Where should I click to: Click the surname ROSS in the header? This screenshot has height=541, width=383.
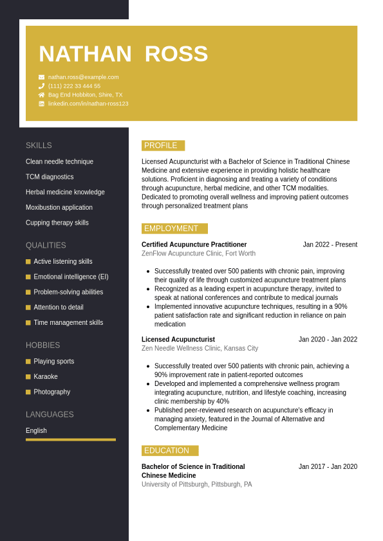click(x=176, y=54)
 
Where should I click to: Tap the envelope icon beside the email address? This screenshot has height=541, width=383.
click(x=41, y=77)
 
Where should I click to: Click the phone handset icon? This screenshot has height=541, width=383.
click(x=41, y=86)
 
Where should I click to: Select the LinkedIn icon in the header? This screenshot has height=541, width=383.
click(x=41, y=104)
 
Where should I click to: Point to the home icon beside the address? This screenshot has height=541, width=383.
click(x=41, y=95)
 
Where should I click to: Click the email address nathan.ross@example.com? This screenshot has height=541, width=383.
click(x=83, y=77)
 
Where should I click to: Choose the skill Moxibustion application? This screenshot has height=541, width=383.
click(x=59, y=207)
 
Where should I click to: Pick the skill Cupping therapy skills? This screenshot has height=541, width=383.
click(x=57, y=223)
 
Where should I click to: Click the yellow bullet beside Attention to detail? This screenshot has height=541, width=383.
click(x=28, y=307)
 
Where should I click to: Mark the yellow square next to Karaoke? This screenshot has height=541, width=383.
click(x=28, y=376)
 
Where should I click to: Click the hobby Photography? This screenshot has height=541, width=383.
click(x=52, y=392)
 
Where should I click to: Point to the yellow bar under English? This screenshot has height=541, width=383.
click(x=71, y=439)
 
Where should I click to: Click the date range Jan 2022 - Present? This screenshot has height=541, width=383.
click(x=330, y=244)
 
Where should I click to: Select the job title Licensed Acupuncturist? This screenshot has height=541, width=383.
click(x=178, y=340)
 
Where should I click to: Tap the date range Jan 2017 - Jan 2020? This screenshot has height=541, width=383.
click(x=328, y=466)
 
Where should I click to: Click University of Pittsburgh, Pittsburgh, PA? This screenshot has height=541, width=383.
click(x=196, y=484)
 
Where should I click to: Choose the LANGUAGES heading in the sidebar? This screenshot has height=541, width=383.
click(x=50, y=414)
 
